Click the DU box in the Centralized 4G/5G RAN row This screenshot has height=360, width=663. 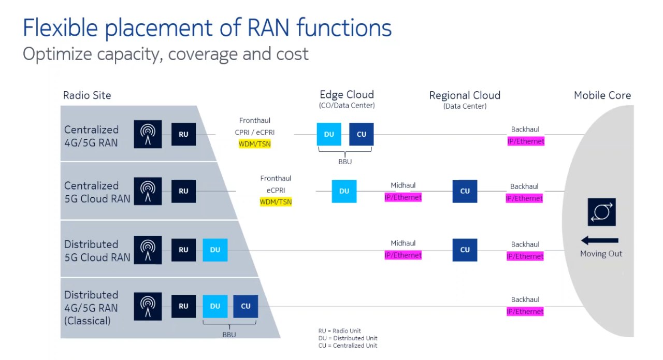tap(329, 134)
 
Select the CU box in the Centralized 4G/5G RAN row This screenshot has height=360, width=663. tap(362, 134)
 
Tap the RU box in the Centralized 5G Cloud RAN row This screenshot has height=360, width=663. tap(183, 191)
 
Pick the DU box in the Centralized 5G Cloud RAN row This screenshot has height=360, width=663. tap(344, 191)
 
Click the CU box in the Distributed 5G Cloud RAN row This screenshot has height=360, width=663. tap(465, 250)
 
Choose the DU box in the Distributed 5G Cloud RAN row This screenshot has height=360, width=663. tap(215, 250)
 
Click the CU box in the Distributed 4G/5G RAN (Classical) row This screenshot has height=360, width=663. tap(246, 306)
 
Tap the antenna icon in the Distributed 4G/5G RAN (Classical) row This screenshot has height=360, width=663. tap(148, 307)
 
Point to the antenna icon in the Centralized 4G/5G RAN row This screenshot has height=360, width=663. tap(148, 134)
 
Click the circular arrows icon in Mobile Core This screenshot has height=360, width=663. tap(602, 212)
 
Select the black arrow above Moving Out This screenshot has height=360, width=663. tap(600, 240)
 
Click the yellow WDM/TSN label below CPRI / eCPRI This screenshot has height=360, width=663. tap(254, 144)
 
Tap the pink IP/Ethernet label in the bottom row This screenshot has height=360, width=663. tap(525, 311)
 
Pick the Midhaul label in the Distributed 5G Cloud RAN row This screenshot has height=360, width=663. tap(403, 243)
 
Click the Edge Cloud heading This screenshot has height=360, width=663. tap(347, 94)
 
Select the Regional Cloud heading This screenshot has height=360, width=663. tap(465, 95)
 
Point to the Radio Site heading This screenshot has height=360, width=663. tap(87, 95)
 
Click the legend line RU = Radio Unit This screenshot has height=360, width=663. tap(339, 330)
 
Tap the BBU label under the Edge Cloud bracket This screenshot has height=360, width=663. tap(345, 162)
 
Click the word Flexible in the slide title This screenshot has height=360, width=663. tap(60, 27)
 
